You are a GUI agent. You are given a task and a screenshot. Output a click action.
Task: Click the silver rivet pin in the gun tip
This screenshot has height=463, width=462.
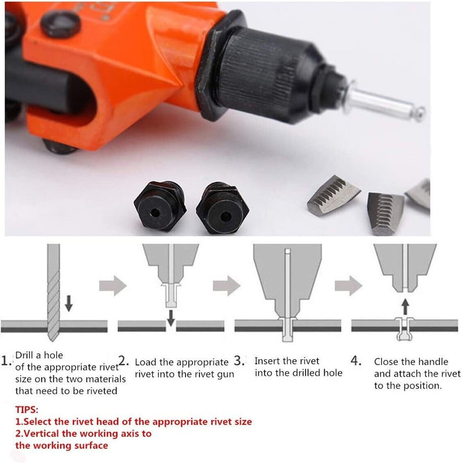[x=383, y=102]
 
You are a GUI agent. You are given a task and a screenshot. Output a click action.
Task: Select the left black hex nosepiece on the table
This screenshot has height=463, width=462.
[x=160, y=206]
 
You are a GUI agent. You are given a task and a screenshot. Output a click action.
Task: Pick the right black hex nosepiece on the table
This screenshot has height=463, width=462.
[x=223, y=208]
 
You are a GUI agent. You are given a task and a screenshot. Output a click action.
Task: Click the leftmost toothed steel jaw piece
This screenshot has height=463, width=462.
[x=333, y=195]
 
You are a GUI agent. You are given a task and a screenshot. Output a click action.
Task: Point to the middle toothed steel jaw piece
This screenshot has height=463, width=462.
[x=385, y=213]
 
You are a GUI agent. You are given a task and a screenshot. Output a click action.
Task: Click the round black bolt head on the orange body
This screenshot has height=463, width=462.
[x=61, y=24]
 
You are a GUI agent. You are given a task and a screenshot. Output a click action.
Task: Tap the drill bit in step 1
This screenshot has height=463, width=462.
[x=54, y=292]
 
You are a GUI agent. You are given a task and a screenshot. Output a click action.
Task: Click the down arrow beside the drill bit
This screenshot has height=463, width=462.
[x=69, y=303]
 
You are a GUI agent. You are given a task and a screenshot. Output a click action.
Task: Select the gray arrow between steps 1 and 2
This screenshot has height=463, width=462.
[x=113, y=286]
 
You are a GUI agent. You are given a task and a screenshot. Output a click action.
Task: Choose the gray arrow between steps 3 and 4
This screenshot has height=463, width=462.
[x=348, y=286]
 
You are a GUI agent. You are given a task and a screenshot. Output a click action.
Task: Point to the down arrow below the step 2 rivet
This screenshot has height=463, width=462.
[x=171, y=318]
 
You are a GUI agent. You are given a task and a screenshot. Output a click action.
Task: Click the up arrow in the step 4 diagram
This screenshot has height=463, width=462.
[x=406, y=307]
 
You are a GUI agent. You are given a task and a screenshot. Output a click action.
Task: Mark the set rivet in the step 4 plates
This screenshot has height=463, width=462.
[x=404, y=329]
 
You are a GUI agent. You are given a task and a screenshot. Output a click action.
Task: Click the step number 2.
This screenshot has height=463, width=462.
[x=124, y=361]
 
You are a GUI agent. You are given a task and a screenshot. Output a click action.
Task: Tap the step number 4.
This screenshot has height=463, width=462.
[x=356, y=361]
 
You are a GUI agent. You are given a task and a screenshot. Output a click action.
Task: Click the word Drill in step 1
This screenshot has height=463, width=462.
[x=24, y=355]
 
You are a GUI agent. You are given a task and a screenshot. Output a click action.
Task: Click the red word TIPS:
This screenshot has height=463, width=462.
[x=27, y=409]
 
